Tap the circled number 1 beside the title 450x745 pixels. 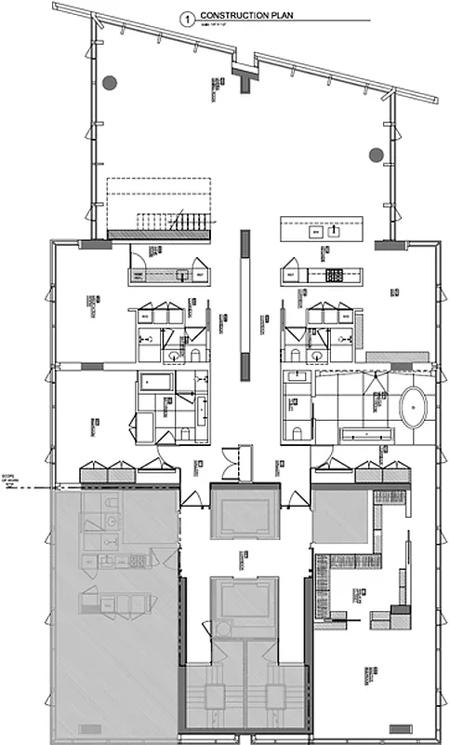tap(190, 17)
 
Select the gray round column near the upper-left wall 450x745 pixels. tap(111, 82)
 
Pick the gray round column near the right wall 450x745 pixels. tap(376, 155)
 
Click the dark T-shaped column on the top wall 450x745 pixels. tap(245, 78)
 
